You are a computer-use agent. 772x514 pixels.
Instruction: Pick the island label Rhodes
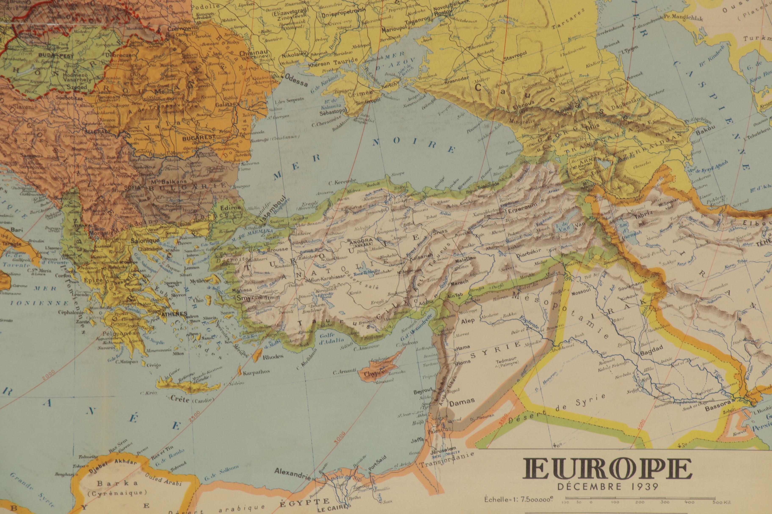[273, 357]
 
